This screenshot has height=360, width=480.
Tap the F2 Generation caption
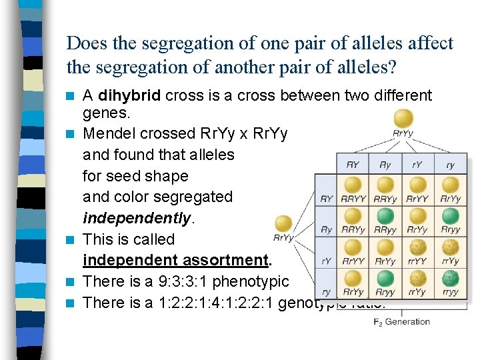[x=402, y=322]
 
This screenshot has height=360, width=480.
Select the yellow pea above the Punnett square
[x=403, y=118]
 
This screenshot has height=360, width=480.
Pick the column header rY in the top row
[x=417, y=164]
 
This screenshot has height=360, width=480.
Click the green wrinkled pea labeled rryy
[x=451, y=279]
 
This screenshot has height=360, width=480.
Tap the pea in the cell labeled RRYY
[x=352, y=185]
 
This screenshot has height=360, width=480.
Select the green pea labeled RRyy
[x=385, y=217]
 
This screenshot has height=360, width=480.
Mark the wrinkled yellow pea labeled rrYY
[x=417, y=247]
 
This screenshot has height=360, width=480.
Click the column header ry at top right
[x=451, y=164]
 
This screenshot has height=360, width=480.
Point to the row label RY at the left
[x=327, y=198]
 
